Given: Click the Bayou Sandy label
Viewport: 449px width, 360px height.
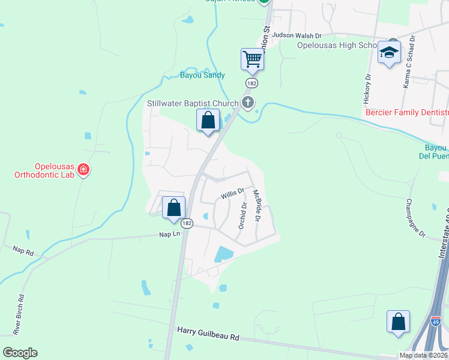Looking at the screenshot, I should click(x=202, y=76).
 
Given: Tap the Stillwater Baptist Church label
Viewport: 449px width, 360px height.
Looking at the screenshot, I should click(x=193, y=103).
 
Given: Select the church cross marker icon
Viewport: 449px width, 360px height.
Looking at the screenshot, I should click(x=247, y=103).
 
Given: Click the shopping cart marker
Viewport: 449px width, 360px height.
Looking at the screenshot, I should click(x=253, y=59).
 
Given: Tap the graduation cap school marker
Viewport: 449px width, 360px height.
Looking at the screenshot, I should click(x=389, y=53).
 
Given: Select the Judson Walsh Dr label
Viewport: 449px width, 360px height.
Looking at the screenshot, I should click(x=297, y=35).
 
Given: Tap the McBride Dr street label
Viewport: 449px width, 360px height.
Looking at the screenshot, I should click(x=256, y=206).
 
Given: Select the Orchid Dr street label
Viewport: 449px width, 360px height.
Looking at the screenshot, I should click(x=243, y=214).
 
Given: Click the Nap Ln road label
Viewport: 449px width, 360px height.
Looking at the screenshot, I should click(x=169, y=234).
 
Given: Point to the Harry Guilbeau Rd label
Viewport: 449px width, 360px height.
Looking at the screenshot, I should click(x=208, y=334).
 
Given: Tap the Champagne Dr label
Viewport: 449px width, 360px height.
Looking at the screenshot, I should click(x=415, y=218).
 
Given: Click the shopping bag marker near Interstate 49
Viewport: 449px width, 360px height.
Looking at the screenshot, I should click(x=398, y=321).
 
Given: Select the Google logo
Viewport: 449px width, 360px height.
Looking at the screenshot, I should click(x=20, y=353).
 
